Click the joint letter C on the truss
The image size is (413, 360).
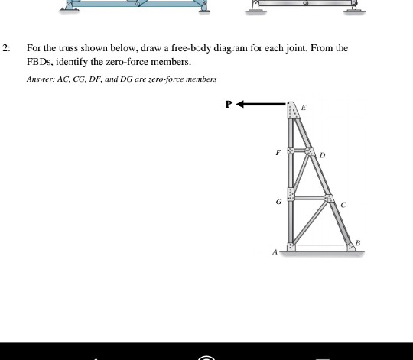(x=343, y=205)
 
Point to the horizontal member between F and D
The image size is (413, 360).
(x=301, y=151)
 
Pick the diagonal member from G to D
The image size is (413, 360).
(x=301, y=174)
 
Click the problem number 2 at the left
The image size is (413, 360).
(x=5, y=48)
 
